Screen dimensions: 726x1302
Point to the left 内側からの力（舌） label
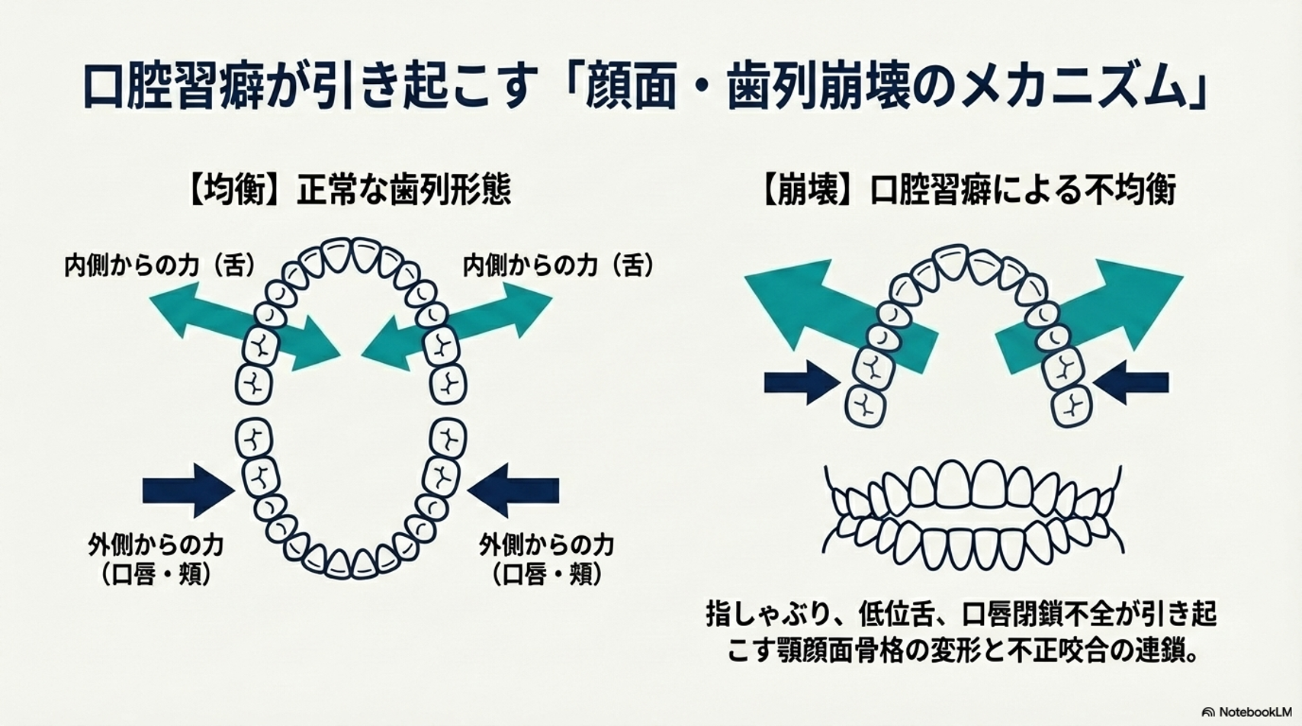159,265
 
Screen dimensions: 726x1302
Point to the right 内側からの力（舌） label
558,265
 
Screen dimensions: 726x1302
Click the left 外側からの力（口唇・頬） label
156,559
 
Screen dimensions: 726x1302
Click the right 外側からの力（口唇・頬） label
546,559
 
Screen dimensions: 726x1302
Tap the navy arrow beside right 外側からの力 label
513,490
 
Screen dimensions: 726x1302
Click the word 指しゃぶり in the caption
770,614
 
